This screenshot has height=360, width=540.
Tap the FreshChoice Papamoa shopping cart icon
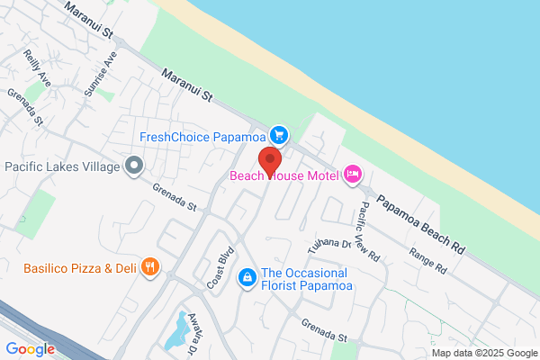click(x=280, y=136)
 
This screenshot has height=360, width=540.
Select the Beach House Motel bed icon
click(x=353, y=175)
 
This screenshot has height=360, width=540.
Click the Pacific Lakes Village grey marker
click(x=135, y=166)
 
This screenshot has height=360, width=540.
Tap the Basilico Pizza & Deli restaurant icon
click(x=152, y=267)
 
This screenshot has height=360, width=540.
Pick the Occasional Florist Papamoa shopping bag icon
click(x=246, y=278)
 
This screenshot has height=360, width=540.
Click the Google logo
click(x=30, y=349)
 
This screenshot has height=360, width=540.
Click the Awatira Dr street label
click(x=192, y=338)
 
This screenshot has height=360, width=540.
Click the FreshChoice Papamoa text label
click(x=204, y=137)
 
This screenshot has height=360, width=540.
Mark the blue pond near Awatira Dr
click(x=175, y=333)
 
